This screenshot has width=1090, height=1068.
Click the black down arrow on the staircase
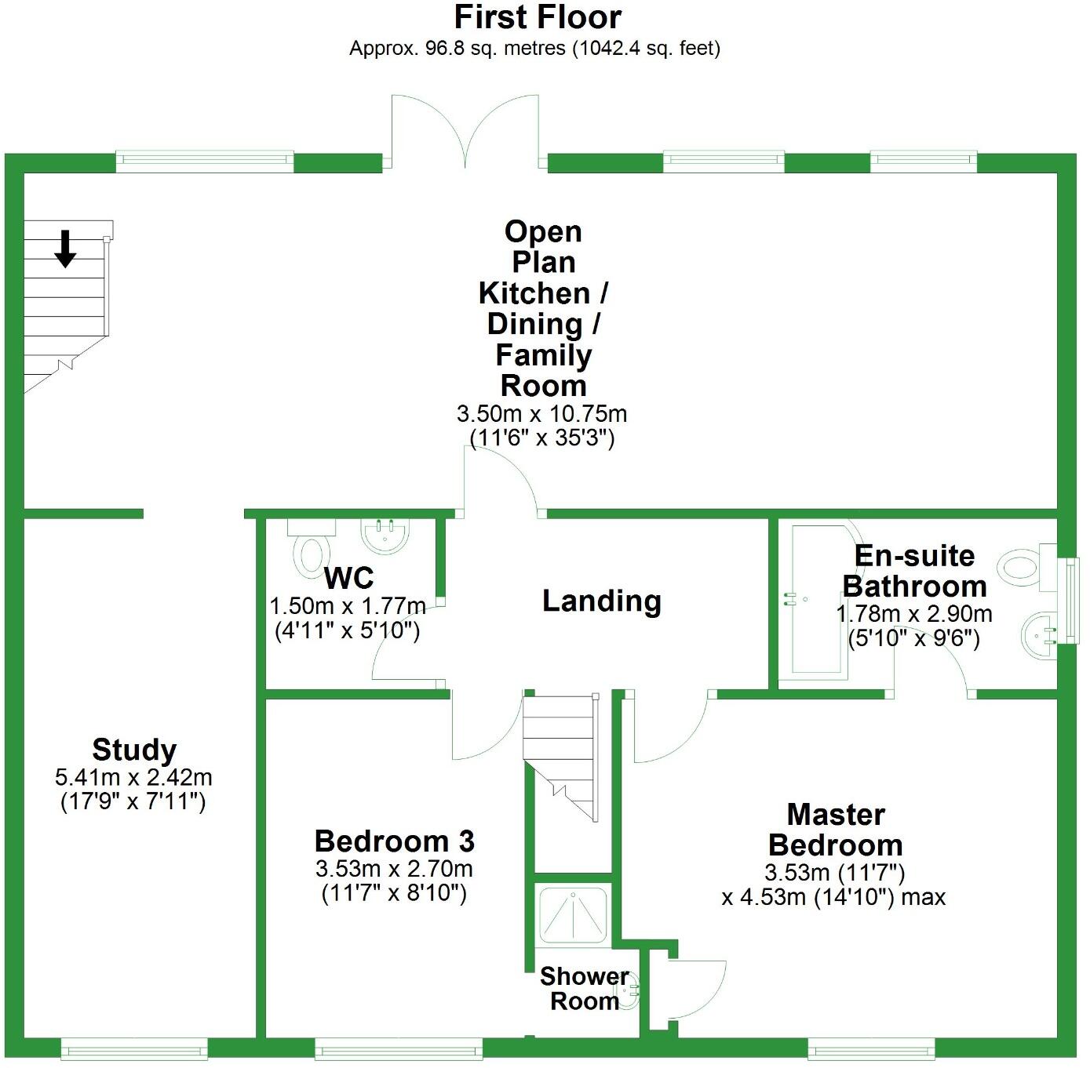[x=65, y=249]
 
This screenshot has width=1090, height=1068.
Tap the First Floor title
[x=538, y=17]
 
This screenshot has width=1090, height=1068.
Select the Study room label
[x=134, y=750]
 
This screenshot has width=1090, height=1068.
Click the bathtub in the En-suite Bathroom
[x=818, y=600]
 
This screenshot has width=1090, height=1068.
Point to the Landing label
[x=601, y=601]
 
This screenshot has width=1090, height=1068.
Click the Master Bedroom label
[x=835, y=830]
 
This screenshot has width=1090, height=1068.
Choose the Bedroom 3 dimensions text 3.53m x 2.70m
[x=394, y=869]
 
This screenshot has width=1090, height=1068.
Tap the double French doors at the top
[x=465, y=133]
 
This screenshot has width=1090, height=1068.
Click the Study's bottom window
[x=134, y=1048]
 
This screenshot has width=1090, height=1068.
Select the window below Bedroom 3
[x=399, y=1048]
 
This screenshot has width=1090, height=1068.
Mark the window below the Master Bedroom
[x=871, y=1048]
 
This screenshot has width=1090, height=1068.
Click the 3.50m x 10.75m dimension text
[x=541, y=413]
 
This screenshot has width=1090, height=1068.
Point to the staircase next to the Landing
[x=560, y=753]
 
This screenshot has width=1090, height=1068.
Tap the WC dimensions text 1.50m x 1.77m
[x=348, y=606]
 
